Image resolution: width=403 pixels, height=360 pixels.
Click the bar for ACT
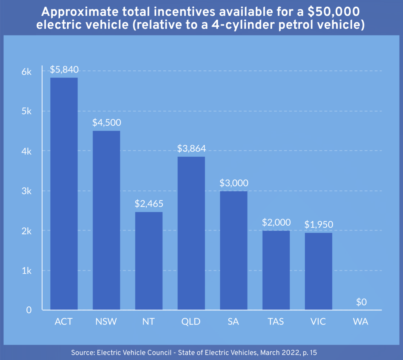(64, 194)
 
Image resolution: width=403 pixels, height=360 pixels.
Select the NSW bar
(106, 220)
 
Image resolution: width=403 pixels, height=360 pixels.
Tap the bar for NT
(149, 261)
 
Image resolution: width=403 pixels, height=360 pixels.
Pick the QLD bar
(191, 233)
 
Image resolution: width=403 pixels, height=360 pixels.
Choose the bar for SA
(234, 251)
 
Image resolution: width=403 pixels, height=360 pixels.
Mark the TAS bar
(276, 270)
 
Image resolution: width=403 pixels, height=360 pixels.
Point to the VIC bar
(318, 271)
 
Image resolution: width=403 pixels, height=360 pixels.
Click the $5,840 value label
(64, 70)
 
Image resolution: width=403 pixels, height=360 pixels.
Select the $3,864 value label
(191, 148)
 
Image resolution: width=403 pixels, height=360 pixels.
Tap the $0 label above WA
(361, 302)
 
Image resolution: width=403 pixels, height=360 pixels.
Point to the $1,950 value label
(319, 225)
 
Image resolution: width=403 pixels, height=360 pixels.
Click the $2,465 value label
(149, 204)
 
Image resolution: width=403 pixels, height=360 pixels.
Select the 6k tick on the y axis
(26, 71)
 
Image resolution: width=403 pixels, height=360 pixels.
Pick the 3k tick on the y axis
(26, 191)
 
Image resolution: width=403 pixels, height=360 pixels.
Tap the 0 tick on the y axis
(29, 310)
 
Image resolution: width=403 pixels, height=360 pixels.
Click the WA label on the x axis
(360, 321)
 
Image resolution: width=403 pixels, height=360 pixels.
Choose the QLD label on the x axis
(191, 321)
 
